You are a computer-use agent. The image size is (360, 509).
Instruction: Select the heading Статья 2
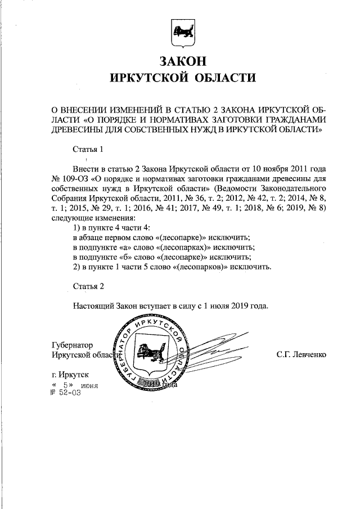(89, 286)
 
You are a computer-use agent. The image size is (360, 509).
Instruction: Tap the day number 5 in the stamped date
(66, 385)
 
